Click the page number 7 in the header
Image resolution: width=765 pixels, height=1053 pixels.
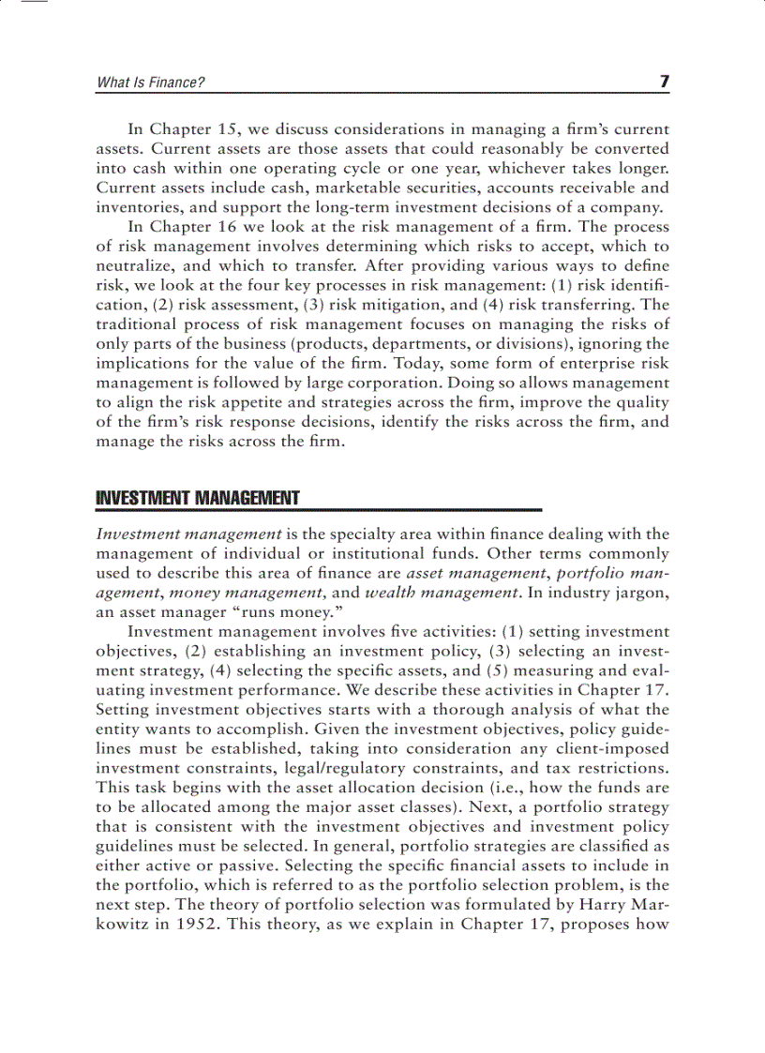664,82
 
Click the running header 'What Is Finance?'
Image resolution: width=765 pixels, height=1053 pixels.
150,83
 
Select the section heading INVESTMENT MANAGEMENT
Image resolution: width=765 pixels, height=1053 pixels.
198,498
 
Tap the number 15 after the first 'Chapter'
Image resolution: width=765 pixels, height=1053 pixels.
232,129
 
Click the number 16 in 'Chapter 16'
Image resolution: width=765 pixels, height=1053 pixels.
232,227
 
